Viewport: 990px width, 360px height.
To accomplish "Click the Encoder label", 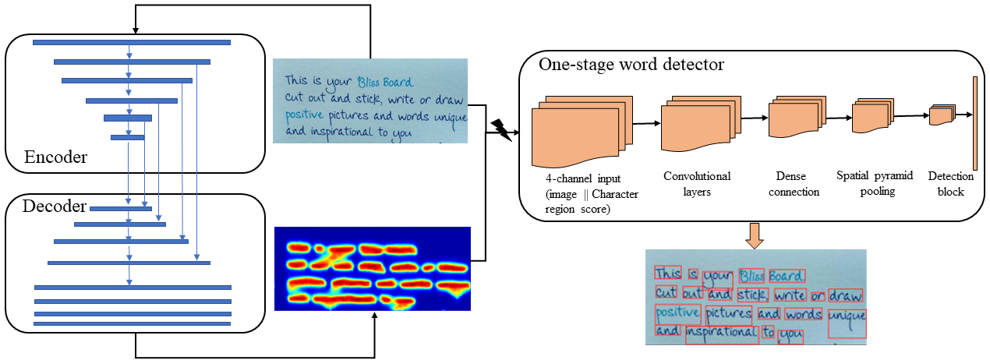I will coord(56,157).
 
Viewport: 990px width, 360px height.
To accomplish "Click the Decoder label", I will coord(54,206).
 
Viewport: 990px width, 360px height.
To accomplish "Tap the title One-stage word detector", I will coord(631,65).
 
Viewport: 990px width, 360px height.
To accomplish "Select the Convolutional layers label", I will coord(696,184).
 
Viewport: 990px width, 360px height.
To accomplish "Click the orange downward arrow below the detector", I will coord(755,235).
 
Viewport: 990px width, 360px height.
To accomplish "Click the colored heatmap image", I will coord(373,269).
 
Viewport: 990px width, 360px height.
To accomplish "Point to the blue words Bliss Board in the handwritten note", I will coord(385,81).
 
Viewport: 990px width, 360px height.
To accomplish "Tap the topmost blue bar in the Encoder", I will coord(132,42).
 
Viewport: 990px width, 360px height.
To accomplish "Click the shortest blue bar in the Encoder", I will coord(127,137).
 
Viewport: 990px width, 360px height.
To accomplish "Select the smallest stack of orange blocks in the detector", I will coord(941,115).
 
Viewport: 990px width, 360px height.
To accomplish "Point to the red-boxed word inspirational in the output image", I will coord(721,334).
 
